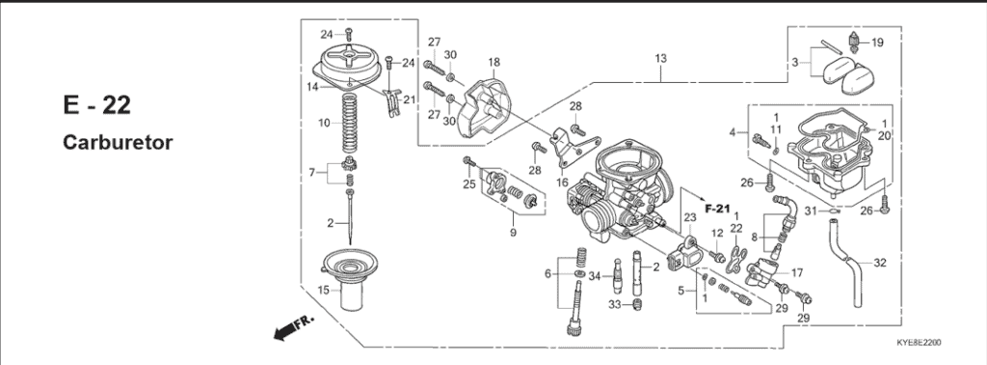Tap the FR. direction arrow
(288, 331)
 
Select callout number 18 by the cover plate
(493, 63)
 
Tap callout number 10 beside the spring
(324, 124)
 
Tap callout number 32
(880, 262)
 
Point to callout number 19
(876, 42)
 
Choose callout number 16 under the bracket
(562, 181)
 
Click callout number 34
(595, 277)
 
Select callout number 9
(513, 233)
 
